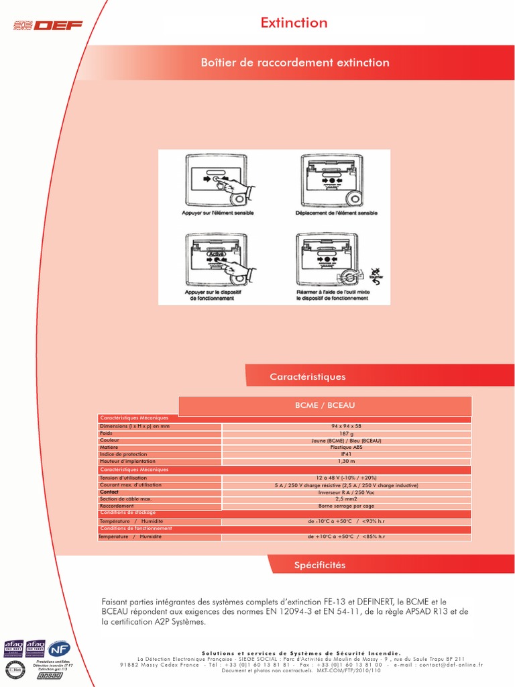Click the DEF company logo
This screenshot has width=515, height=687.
click(x=49, y=25)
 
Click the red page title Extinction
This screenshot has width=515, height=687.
click(x=294, y=23)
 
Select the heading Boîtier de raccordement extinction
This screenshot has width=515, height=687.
click(x=295, y=62)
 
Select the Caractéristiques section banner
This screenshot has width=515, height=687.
click(x=308, y=377)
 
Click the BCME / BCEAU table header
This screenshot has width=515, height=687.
click(x=325, y=406)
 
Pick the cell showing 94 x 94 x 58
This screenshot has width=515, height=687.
click(x=346, y=427)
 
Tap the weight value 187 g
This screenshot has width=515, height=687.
click(x=346, y=434)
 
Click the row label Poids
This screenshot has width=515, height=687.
click(x=106, y=433)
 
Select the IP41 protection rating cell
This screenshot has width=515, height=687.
click(x=346, y=454)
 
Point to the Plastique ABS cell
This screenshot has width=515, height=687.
click(x=346, y=447)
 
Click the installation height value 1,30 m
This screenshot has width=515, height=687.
click(x=346, y=462)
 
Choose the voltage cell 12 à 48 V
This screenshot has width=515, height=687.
click(x=346, y=478)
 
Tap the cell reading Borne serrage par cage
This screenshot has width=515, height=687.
click(x=346, y=506)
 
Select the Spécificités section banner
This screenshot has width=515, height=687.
click(x=320, y=565)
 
